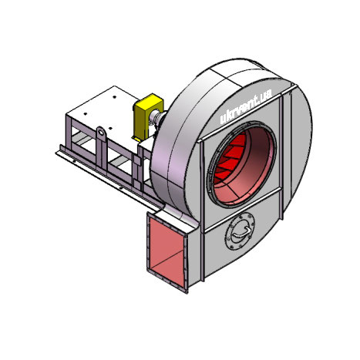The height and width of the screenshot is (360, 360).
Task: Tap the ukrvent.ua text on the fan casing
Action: [246, 107]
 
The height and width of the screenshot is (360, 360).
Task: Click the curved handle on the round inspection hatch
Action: [241, 231]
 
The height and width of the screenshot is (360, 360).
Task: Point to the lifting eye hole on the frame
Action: [101, 133]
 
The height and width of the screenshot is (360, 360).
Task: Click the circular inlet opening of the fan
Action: [241, 163]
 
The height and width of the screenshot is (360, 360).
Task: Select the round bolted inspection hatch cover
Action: [240, 231]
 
